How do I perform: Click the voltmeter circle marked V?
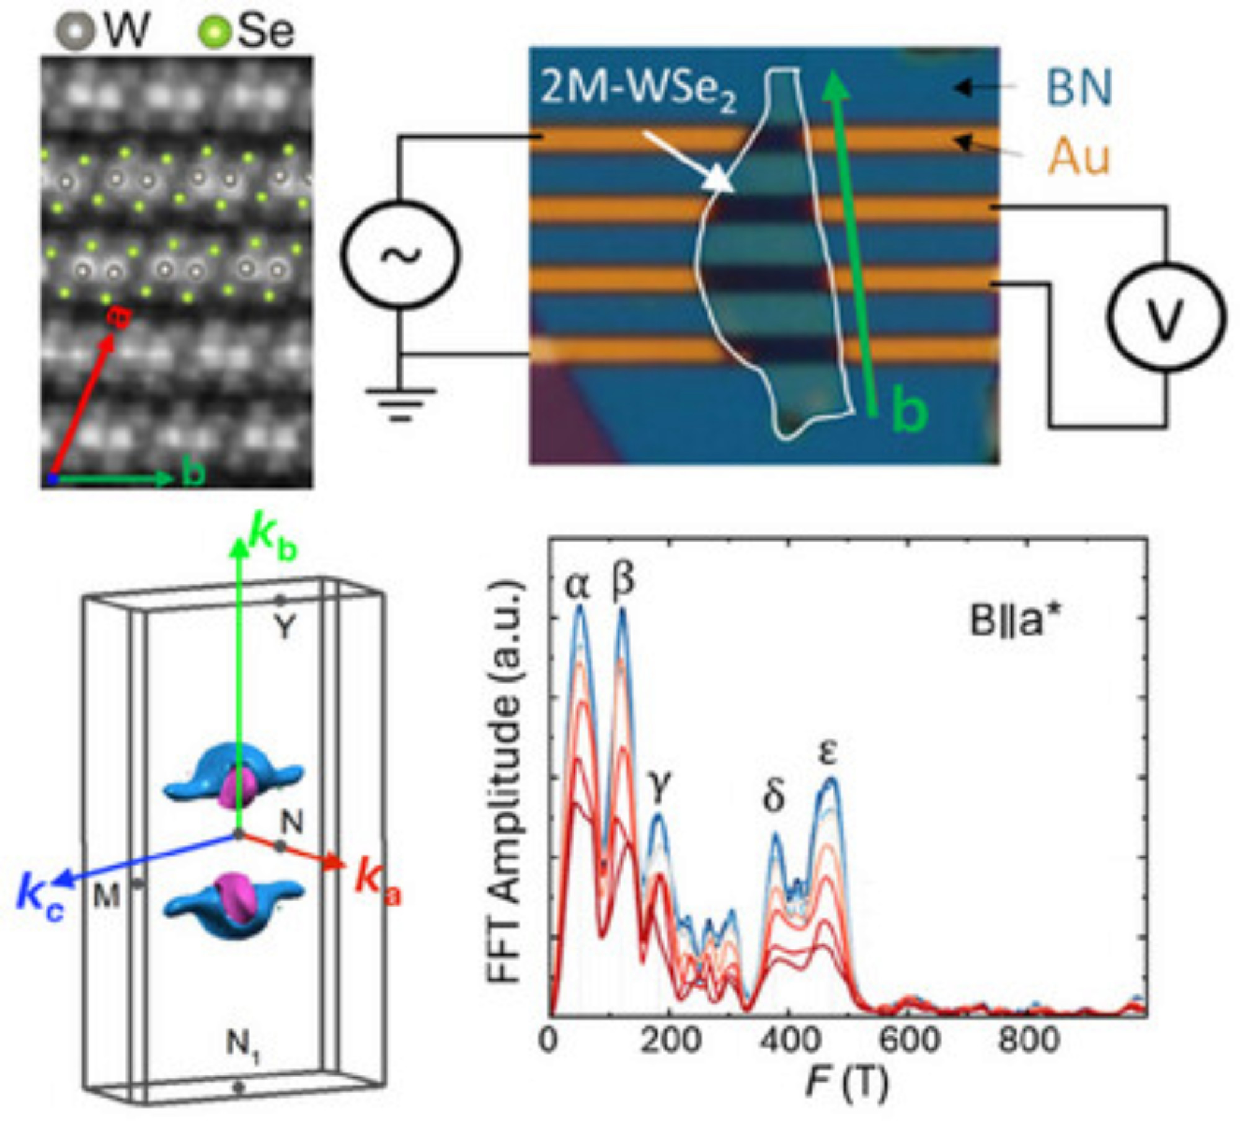click(1166, 317)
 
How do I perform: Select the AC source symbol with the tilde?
click(401, 253)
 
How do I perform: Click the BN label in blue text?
click(1079, 89)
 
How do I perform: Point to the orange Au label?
click(1078, 157)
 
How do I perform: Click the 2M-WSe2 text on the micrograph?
click(639, 91)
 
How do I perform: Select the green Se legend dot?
click(216, 31)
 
